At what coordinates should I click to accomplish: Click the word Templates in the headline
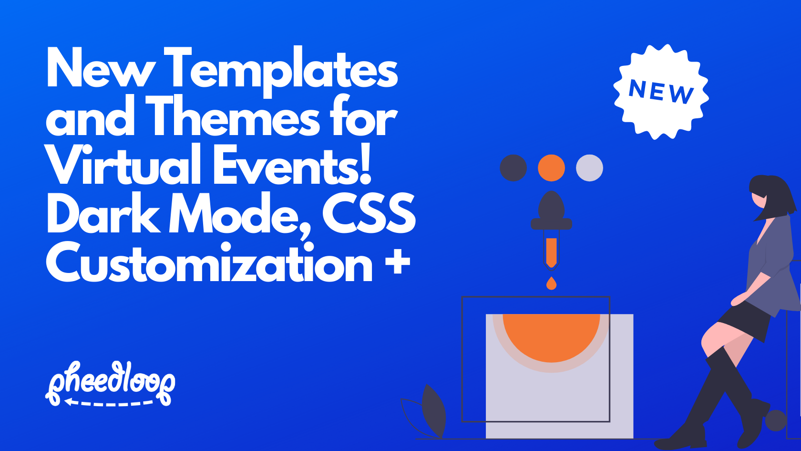283,70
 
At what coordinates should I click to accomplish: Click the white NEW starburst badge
661,92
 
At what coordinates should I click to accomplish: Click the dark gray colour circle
513,168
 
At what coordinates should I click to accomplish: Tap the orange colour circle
551,168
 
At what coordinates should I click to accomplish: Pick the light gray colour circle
589,168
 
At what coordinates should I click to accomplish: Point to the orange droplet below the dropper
551,284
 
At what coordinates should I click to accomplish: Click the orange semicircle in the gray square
551,334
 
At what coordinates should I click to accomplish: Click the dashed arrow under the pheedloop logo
110,403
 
